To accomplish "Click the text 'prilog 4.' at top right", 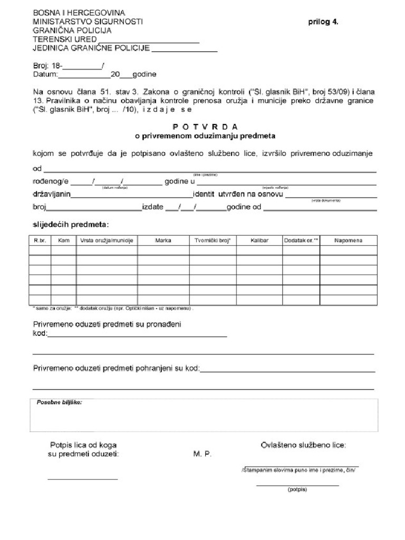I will point(323,22).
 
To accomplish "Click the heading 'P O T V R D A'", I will point(206,127).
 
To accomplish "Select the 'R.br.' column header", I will point(40,240).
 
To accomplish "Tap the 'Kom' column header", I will point(64,240).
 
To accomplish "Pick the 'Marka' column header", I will point(163,240).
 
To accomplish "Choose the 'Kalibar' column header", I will point(259,240).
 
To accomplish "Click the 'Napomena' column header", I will point(348,240).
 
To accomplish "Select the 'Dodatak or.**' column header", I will point(301,240).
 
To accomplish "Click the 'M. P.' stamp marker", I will point(202,455).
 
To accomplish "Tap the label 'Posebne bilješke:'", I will point(59,402).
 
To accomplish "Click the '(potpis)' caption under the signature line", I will point(297,489).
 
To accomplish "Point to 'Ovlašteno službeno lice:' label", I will point(303,445).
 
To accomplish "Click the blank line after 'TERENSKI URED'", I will point(149,40).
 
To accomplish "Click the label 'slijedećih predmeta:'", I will point(71,224).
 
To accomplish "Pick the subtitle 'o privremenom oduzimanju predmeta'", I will point(206,136).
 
